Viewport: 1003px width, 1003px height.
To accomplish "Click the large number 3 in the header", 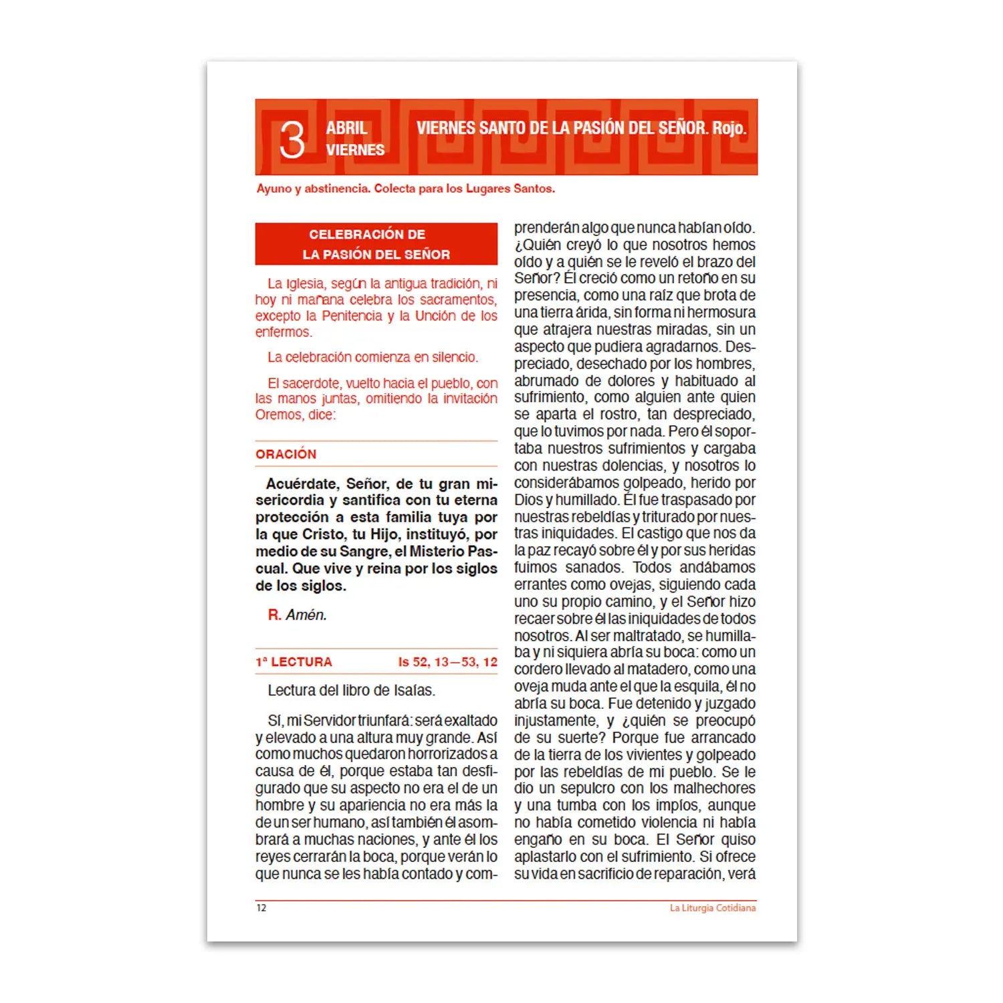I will point(292,140).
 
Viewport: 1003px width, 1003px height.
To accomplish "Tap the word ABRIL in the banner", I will point(346,128).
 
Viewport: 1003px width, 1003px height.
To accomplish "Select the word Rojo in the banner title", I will point(729,128).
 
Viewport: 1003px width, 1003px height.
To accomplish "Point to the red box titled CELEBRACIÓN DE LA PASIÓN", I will point(376,244).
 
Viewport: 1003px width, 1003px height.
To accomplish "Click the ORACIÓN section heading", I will point(286,454).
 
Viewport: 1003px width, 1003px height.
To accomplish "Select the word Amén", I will point(306,615).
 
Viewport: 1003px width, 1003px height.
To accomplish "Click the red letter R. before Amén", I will point(274,615).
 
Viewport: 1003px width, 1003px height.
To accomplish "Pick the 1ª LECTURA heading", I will point(294,662).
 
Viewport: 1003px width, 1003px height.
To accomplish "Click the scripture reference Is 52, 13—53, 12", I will point(447,662).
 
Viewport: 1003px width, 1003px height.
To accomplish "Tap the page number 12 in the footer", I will point(261,908).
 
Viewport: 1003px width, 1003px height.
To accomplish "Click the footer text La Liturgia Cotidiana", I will point(713,908).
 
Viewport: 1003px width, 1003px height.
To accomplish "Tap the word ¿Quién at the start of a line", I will point(535,245).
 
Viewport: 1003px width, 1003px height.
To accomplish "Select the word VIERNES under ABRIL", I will point(355,150).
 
